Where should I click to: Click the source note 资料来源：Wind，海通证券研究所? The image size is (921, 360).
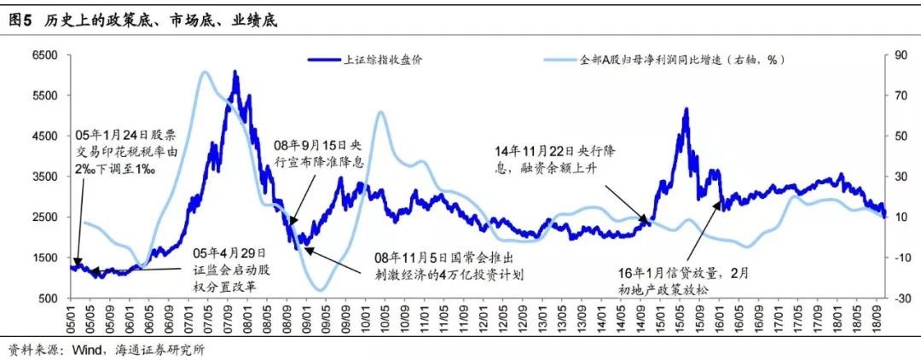pos(107,349)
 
